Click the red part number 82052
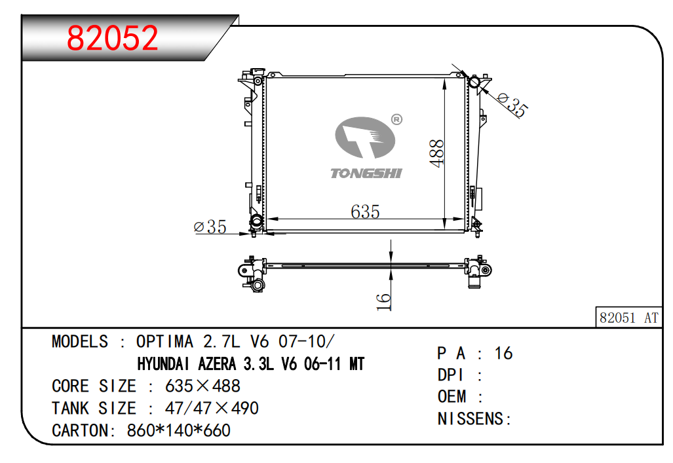113,38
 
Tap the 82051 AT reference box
629,318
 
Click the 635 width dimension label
365,212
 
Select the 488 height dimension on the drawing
436,153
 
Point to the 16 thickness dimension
383,302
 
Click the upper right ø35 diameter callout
512,105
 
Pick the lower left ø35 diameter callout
210,227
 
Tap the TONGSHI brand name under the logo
366,173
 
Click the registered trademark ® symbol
396,119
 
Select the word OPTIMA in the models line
164,342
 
